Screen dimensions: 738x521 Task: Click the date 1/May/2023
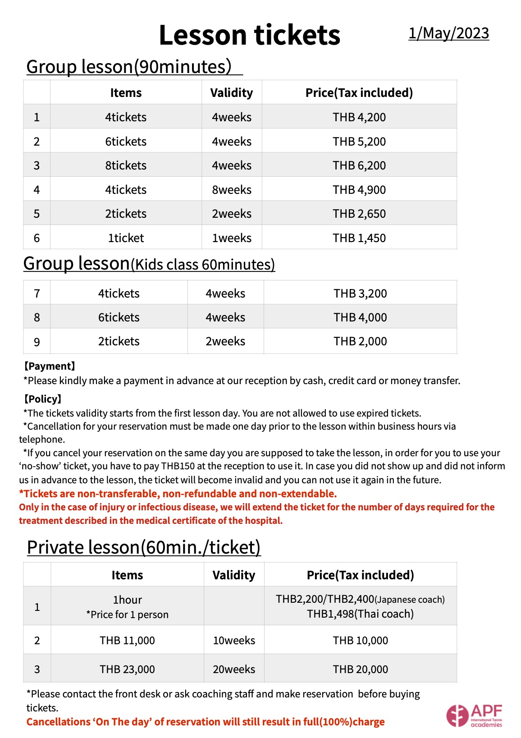point(448,33)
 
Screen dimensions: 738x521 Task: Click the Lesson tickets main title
point(249,35)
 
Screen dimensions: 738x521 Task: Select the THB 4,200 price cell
point(359,117)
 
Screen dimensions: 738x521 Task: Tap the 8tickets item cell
point(126,165)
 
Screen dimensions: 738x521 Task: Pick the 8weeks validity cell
point(232,190)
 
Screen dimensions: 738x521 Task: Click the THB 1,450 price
point(359,238)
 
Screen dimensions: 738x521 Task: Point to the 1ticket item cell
point(126,238)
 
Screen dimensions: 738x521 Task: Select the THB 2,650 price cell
point(359,214)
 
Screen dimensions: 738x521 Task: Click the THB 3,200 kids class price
point(360,293)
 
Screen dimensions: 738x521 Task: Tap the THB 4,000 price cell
point(360,317)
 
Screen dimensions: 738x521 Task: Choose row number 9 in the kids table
point(37,342)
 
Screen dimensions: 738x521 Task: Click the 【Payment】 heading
point(49,366)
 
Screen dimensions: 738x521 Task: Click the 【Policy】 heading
point(42,399)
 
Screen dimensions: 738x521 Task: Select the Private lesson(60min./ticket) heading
point(144,547)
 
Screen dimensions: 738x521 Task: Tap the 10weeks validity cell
point(234,641)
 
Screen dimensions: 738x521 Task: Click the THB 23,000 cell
point(127,669)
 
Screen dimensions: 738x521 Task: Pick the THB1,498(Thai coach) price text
point(360,614)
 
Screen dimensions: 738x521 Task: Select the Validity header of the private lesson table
point(234,575)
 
